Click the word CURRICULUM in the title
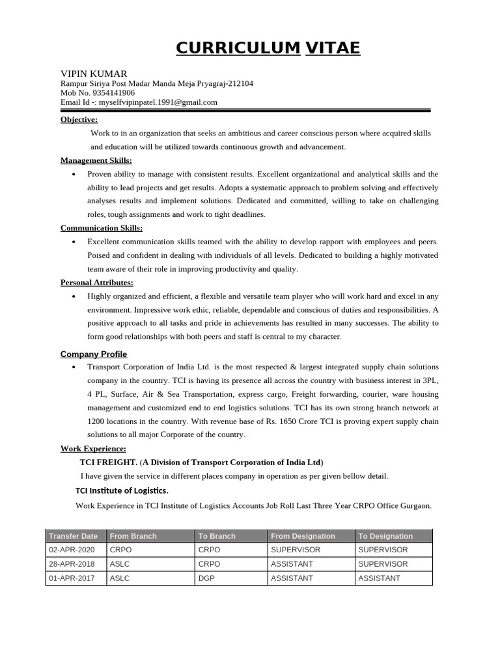[x=238, y=48]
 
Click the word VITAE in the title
[x=332, y=48]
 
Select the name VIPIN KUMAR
[x=94, y=74]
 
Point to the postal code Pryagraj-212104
[x=225, y=83]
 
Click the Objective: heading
[x=79, y=119]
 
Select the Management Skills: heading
[x=96, y=160]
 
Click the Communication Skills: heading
[x=101, y=228]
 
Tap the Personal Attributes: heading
[x=96, y=282]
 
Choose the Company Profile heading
[x=93, y=354]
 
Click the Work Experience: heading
[x=93, y=449]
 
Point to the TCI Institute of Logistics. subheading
[x=122, y=490]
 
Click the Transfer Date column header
[x=74, y=536]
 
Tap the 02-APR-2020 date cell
[x=72, y=550]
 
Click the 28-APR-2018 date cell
[x=72, y=564]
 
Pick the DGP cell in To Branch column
[x=206, y=578]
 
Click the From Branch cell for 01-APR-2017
[x=120, y=578]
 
